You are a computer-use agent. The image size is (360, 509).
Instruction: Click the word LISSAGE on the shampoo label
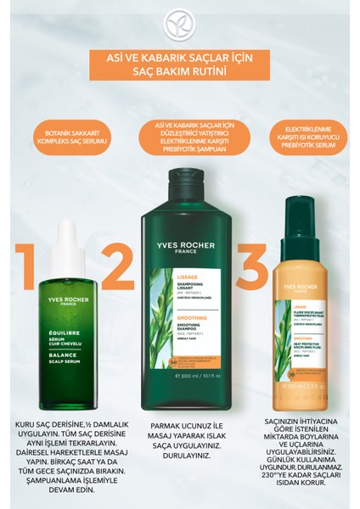[x=166, y=277]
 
